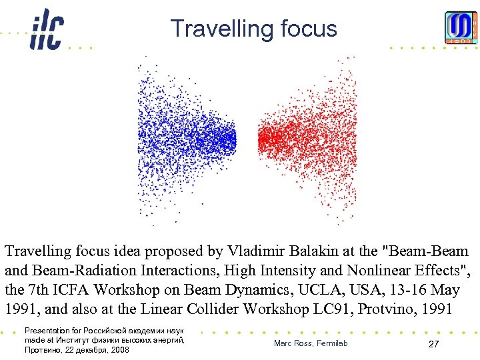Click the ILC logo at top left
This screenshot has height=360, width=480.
pos(46,30)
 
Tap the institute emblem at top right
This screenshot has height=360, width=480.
pos(461,29)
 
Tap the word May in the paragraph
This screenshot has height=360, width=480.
pos(455,291)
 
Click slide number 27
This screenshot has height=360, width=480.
pos(433,344)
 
